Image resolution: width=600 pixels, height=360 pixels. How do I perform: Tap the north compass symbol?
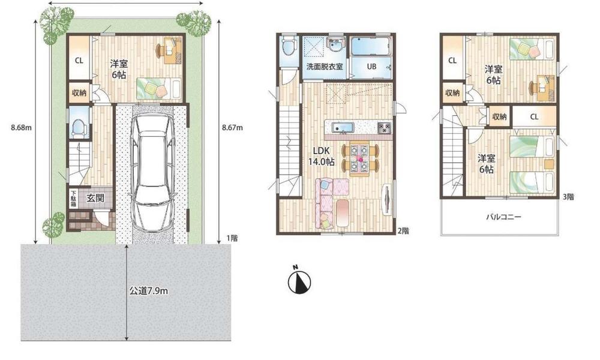[x=298, y=280]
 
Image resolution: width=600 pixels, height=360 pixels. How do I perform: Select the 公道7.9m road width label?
[x=148, y=292]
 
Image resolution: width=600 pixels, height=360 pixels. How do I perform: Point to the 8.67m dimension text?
[x=233, y=128]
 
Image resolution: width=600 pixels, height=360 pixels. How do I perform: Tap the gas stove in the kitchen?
[x=383, y=128]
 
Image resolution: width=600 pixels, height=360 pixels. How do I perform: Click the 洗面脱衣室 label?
[x=325, y=66]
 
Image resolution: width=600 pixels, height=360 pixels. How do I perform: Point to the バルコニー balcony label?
[x=502, y=218]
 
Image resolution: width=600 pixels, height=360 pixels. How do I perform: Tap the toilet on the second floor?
[x=289, y=46]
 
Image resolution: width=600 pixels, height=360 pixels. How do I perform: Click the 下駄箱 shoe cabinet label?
[x=73, y=199]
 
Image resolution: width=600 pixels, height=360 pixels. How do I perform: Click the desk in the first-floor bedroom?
[x=171, y=49]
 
